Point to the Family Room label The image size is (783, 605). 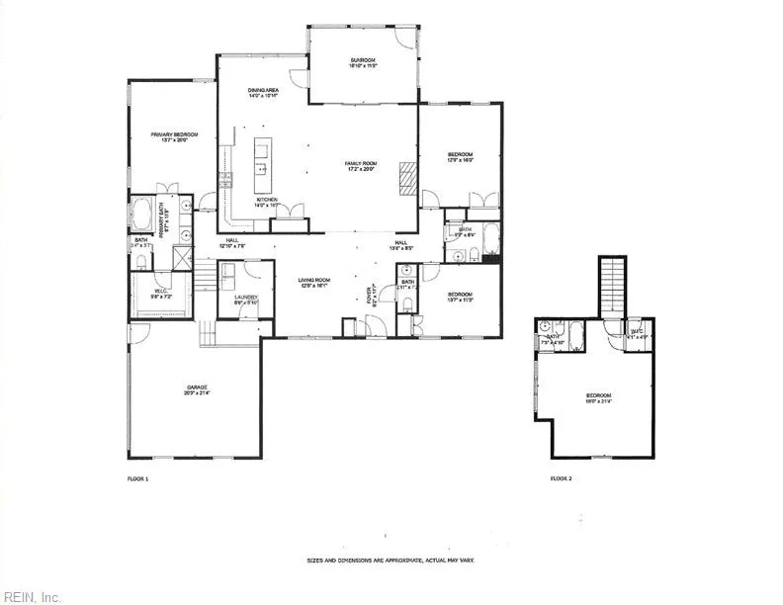[x=361, y=166]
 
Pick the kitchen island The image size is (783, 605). [x=262, y=165]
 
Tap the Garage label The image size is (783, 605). [x=195, y=389]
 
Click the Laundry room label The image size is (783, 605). [x=246, y=300]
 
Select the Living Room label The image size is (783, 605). [x=314, y=283]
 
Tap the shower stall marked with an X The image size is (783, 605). [x=182, y=258]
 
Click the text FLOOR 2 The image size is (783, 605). [x=562, y=478]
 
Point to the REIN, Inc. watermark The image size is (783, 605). [x=32, y=596]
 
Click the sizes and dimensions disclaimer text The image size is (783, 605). [x=391, y=561]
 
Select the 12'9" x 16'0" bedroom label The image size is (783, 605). [x=461, y=157]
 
